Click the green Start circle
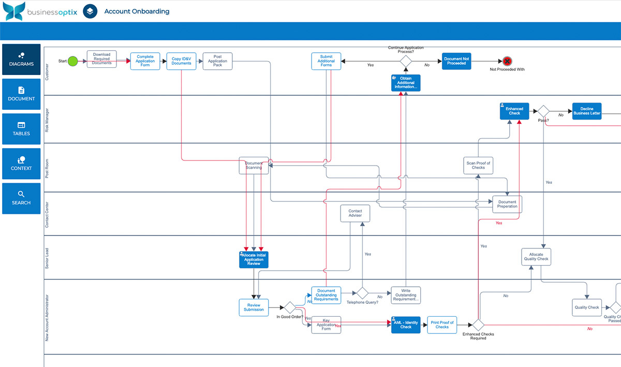tap(73, 61)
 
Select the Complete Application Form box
tap(145, 61)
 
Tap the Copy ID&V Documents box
tap(181, 61)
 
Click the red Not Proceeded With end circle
tap(507, 61)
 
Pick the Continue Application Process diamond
tap(406, 61)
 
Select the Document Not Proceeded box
tap(456, 61)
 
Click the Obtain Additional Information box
tap(406, 83)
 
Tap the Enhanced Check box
tap(514, 111)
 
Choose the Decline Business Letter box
tap(587, 111)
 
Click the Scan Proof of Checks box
tap(478, 166)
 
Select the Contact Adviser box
tap(355, 213)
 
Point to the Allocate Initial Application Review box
tap(254, 259)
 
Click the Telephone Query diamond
tap(362, 293)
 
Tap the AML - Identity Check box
tap(406, 325)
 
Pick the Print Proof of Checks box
tap(442, 325)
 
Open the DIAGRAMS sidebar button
tap(21, 60)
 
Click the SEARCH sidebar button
tap(21, 198)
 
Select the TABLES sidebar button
tap(21, 129)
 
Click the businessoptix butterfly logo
tap(13, 11)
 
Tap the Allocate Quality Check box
tap(536, 257)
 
